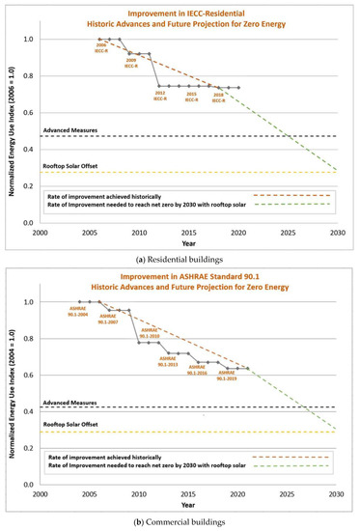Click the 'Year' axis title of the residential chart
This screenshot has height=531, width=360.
pyautogui.click(x=189, y=241)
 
